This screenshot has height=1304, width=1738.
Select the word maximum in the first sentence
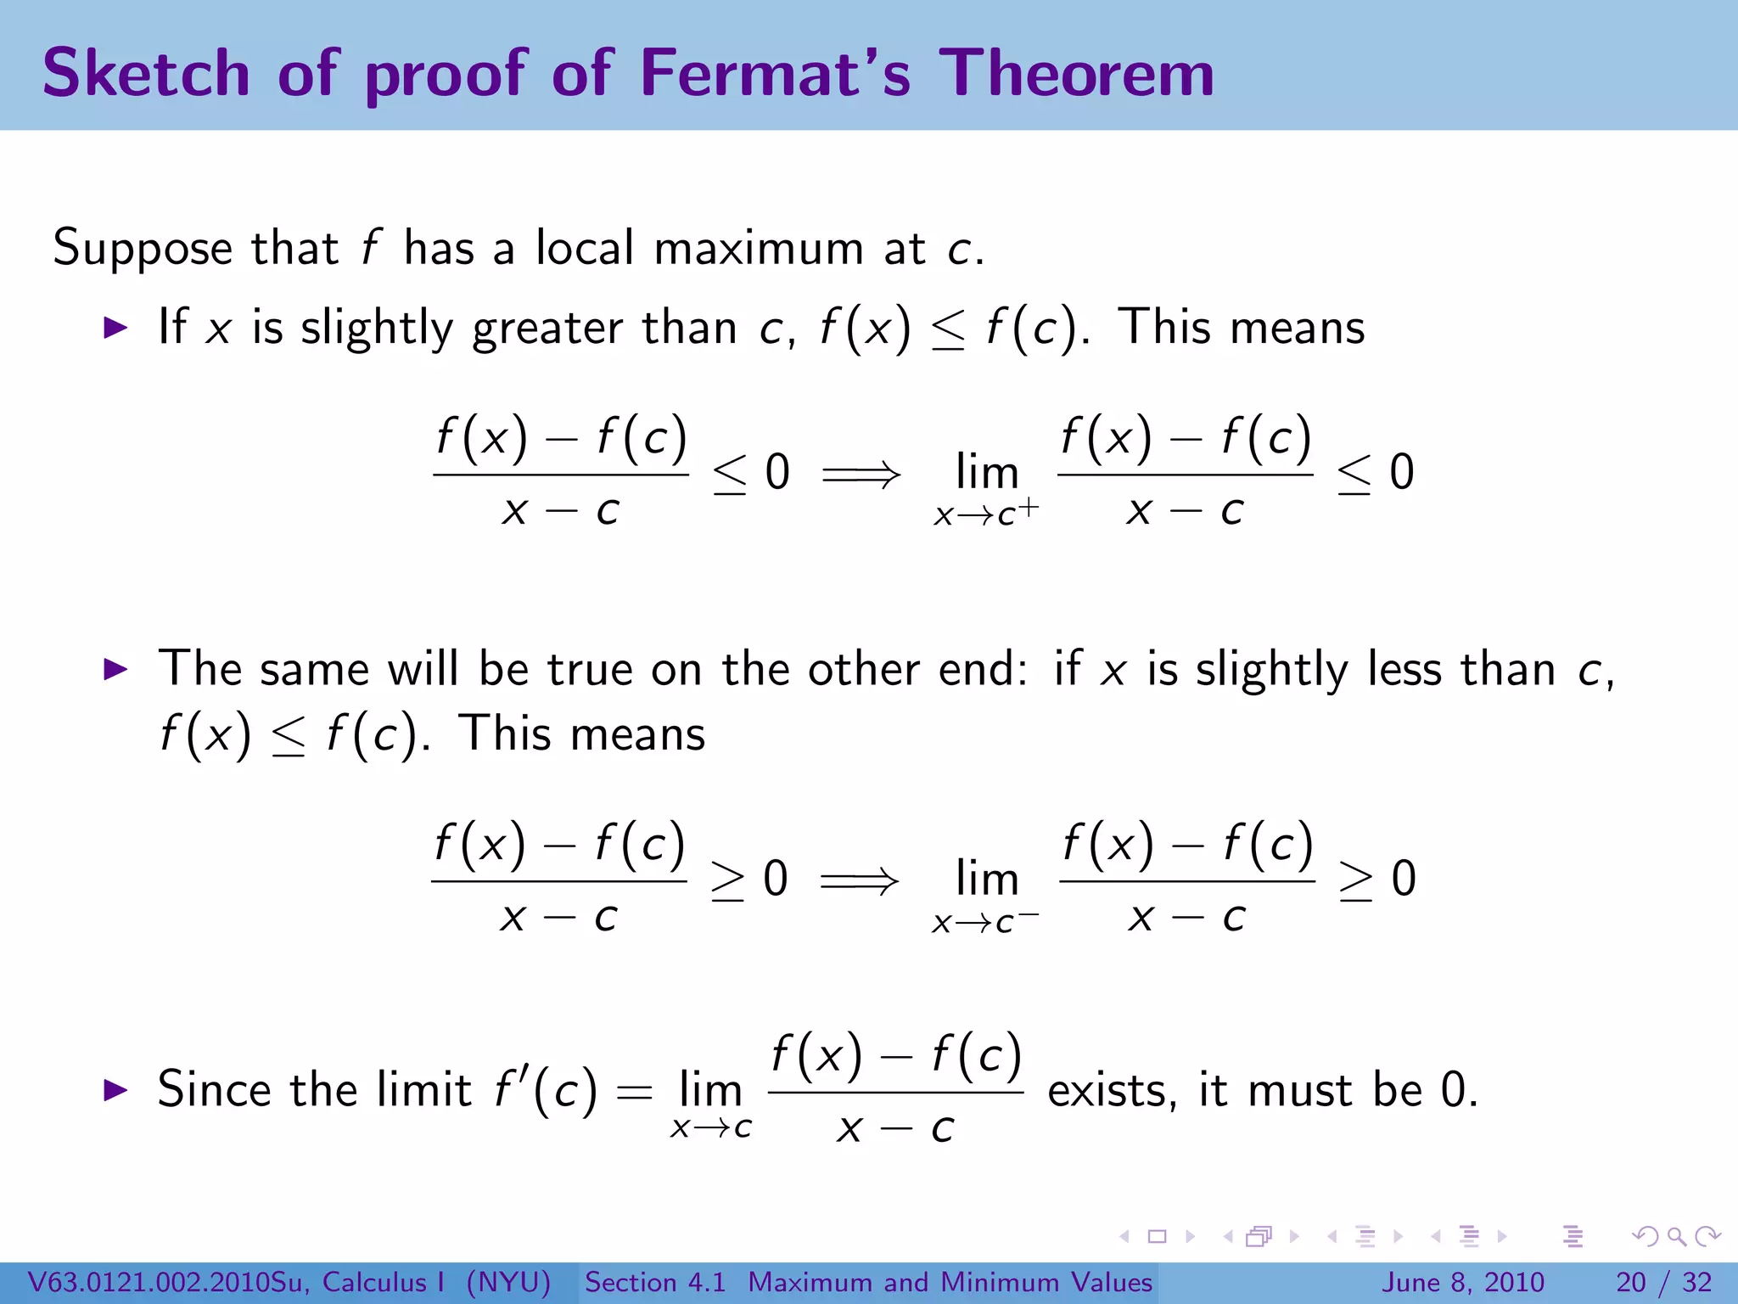(x=758, y=250)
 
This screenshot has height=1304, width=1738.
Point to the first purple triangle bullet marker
(x=115, y=328)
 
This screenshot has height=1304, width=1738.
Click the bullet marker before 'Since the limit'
(x=115, y=1090)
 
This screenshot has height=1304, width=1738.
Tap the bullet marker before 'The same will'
(x=115, y=669)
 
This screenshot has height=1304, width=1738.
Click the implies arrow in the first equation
(x=861, y=474)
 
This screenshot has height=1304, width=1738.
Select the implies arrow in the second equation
(x=859, y=880)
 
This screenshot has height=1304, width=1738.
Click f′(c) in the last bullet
(x=546, y=1090)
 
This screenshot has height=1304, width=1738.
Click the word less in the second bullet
(x=1404, y=669)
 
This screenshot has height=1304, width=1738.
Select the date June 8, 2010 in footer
(x=1464, y=1282)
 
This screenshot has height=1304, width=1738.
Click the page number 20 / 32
(x=1663, y=1282)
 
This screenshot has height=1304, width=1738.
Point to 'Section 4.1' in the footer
(x=655, y=1282)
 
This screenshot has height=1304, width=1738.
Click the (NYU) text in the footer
(x=508, y=1282)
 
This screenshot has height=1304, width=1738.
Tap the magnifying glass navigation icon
(x=1676, y=1237)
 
